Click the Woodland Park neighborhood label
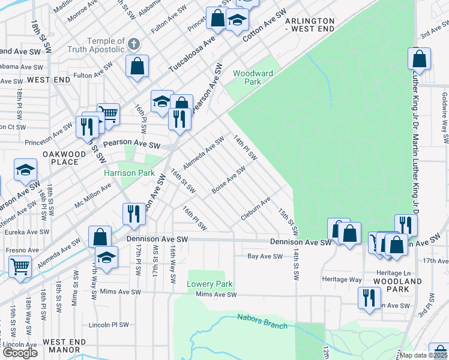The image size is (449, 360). point(397,286)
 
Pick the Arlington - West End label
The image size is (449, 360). point(309,25)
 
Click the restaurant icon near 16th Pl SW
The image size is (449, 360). point(133,214)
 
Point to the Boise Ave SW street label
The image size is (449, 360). point(229,180)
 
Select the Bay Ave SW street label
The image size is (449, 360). point(265,256)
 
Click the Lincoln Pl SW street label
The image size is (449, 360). point(109,325)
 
